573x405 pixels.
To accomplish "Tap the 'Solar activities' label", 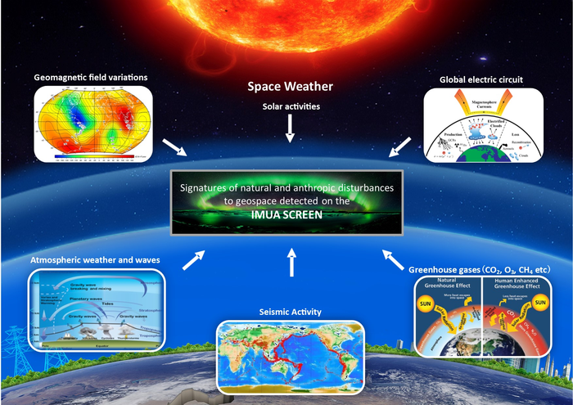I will coord(291,106).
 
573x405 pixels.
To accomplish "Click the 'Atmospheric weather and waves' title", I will coord(95,260).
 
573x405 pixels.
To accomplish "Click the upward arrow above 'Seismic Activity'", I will coord(291,264).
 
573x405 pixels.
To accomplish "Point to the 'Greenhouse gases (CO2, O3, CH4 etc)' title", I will coord(479,268).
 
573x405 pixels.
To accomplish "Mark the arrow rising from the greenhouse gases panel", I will coord(392,261).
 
